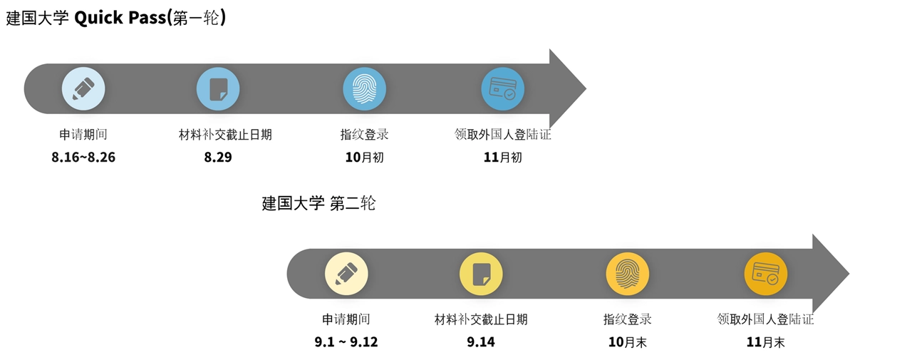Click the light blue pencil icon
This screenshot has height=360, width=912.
[83, 88]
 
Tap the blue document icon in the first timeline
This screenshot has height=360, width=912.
[218, 88]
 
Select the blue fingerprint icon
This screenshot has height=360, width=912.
[364, 88]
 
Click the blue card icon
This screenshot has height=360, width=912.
[502, 88]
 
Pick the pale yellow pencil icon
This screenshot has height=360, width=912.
[346, 274]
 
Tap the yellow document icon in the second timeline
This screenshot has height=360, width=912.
[481, 274]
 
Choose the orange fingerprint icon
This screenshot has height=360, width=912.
[627, 274]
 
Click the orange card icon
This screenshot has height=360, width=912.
[765, 274]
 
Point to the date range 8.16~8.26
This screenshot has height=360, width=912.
[83, 158]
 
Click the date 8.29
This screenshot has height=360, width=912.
[218, 158]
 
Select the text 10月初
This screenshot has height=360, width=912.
[364, 158]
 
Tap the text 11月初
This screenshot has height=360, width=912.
[502, 158]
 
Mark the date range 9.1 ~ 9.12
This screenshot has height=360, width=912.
[346, 342]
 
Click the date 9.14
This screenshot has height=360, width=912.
[481, 342]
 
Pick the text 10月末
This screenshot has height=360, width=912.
[627, 342]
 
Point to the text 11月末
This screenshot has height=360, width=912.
[765, 342]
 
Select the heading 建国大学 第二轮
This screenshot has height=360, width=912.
[318, 203]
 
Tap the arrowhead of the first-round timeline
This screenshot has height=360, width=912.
[566, 88]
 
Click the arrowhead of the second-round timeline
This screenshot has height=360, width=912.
[829, 274]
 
